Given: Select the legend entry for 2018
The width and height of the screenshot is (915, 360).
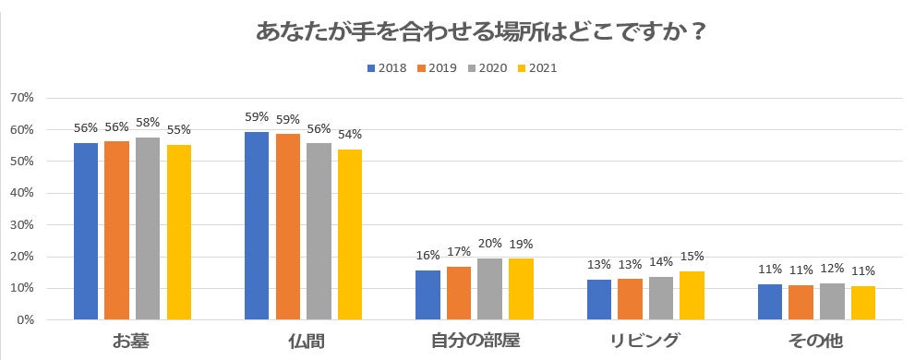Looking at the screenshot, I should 389,67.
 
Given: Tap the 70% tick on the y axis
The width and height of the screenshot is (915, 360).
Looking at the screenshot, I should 21,98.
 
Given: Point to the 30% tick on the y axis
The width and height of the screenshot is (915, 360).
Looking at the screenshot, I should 21,225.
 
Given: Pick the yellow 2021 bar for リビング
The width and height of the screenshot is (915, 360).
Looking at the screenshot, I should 692,295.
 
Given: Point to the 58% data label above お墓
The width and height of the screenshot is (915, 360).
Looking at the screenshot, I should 148,123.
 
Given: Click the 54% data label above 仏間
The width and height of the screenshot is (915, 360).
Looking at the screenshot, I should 350,135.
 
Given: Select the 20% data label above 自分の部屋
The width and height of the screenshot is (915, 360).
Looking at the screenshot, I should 489,244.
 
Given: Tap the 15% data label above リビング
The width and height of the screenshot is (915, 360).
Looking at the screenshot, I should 692,257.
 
